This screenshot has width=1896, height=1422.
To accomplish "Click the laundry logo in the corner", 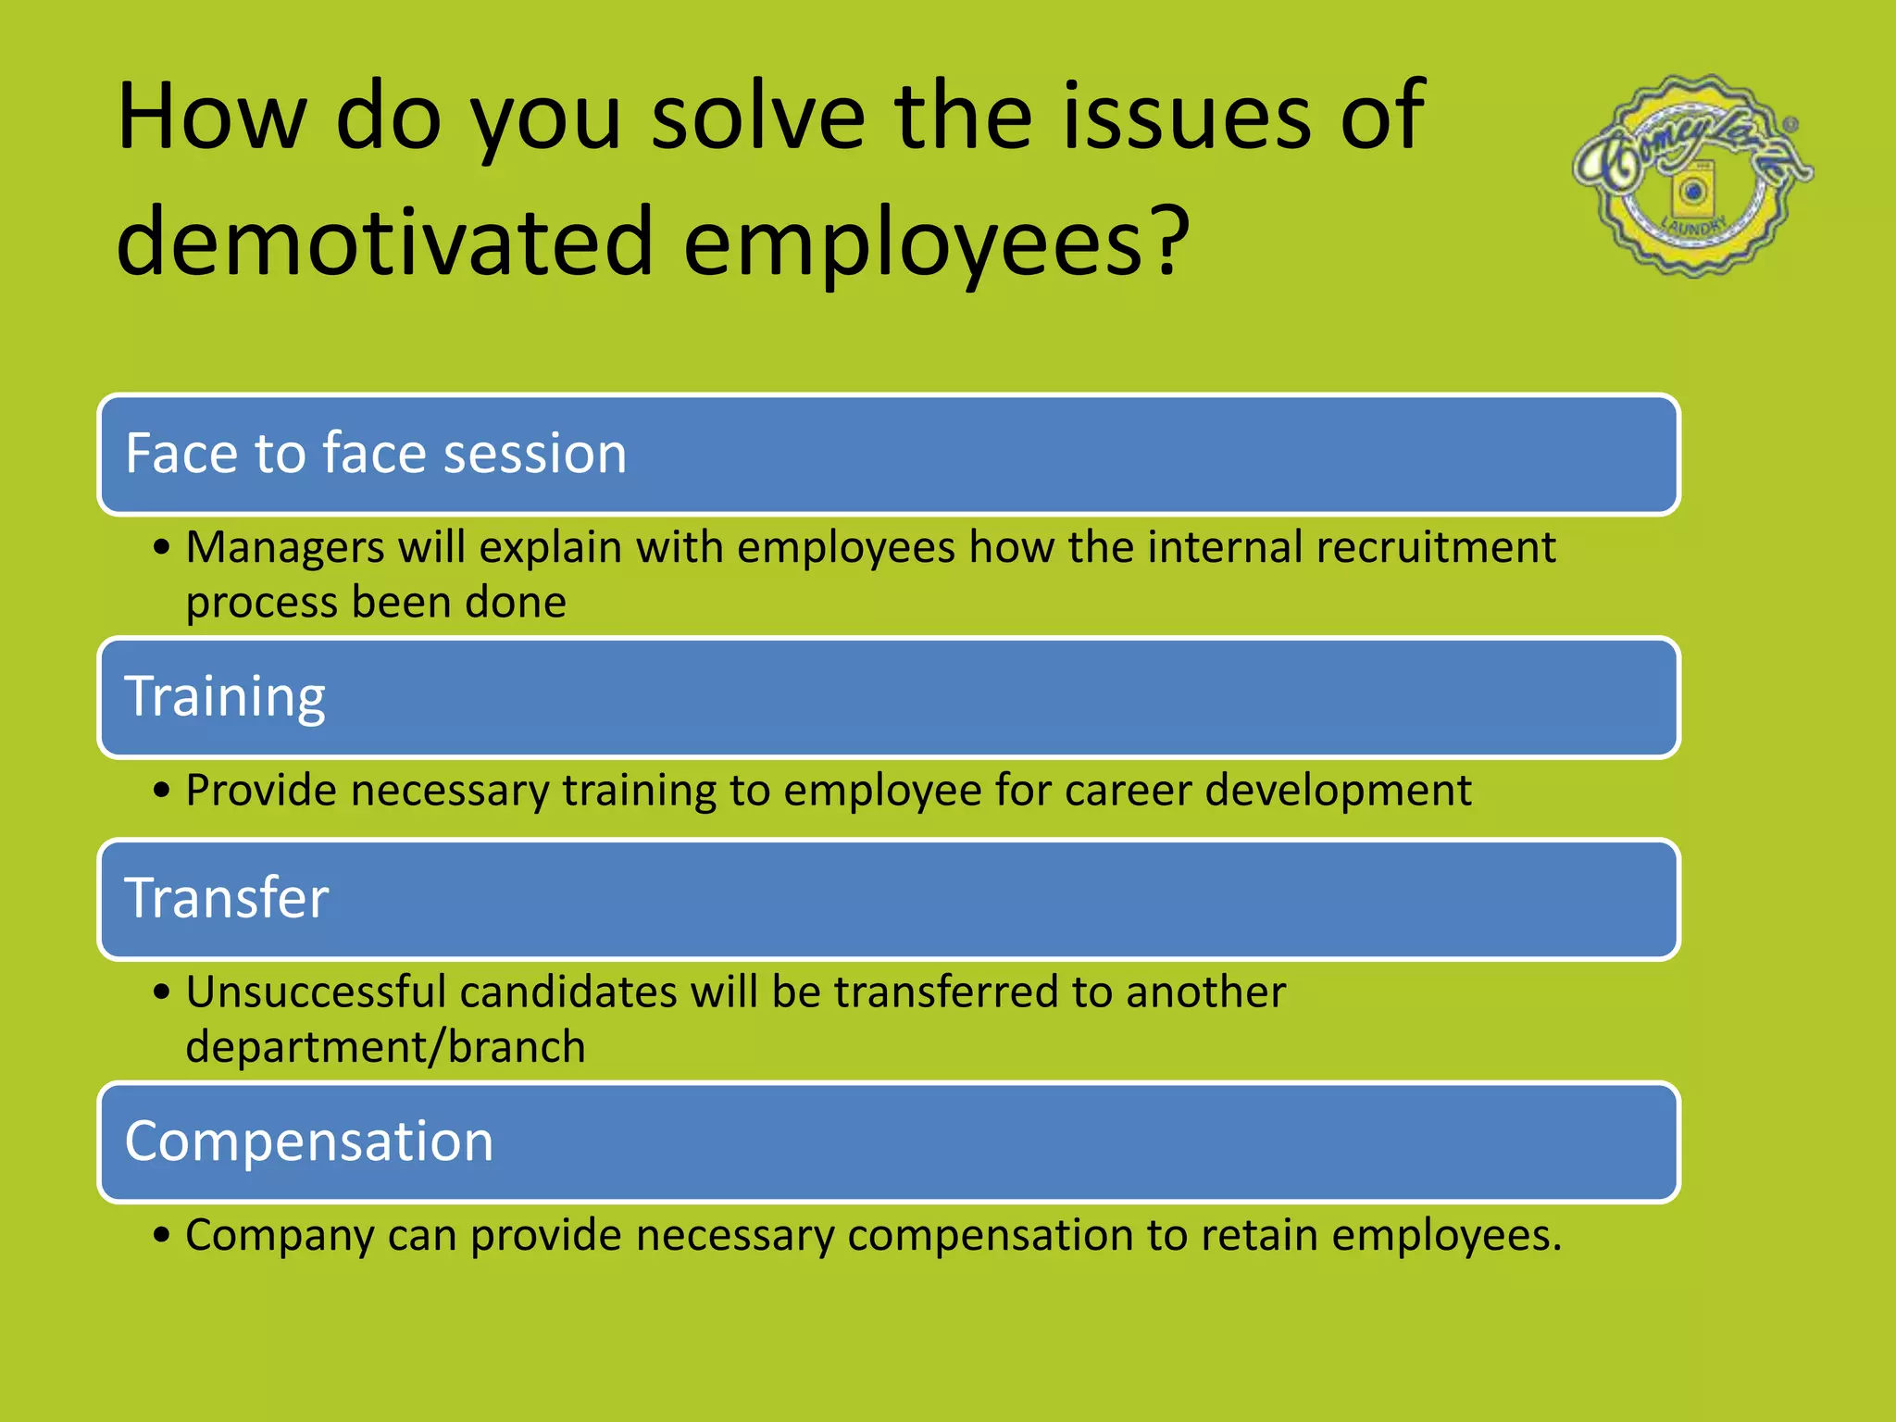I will tap(1692, 175).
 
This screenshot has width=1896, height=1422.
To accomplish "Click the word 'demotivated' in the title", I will tap(385, 241).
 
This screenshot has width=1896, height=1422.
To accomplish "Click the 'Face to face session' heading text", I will tap(376, 454).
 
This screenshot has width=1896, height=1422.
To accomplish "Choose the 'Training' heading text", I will tap(225, 696).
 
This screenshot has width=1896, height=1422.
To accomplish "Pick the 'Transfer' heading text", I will tap(227, 898).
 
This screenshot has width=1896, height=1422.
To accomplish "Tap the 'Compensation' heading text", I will tap(309, 1141).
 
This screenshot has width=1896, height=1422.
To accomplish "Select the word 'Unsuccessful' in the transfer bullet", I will tap(316, 992).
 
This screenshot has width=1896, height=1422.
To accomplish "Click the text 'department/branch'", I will tap(385, 1047).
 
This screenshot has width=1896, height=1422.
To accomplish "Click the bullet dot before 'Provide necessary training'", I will tap(162, 792).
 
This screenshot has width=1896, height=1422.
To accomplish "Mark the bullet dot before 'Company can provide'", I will tap(162, 1236).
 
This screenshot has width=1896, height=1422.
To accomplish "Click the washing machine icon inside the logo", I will tap(1694, 192).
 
